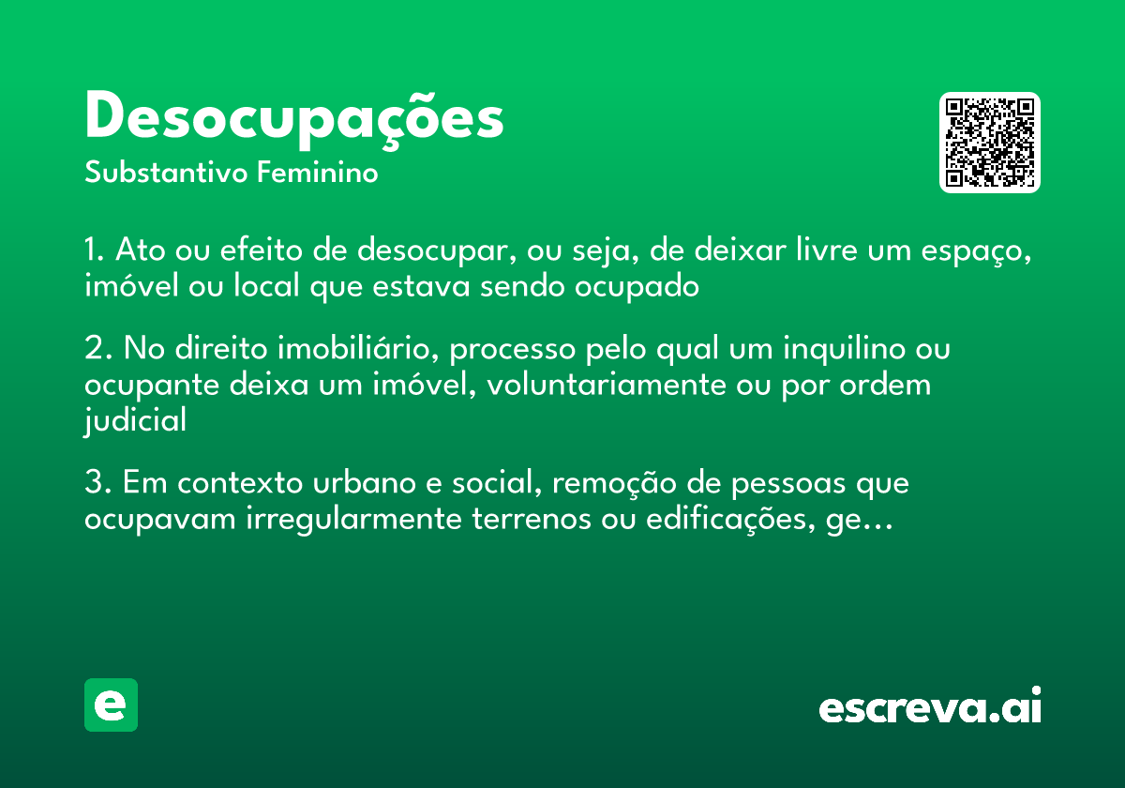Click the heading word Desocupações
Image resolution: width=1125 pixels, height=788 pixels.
coord(293,118)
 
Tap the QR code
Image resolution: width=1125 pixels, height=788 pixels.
coord(990,143)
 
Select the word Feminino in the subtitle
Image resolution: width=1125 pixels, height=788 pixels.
coord(318,174)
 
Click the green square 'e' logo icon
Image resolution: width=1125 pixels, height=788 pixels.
coord(111,705)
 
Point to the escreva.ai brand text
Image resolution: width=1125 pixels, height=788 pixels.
coord(930,708)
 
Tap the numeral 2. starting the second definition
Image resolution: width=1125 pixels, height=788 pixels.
coord(96,350)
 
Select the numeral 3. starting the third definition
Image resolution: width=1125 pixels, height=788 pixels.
coord(96,484)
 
